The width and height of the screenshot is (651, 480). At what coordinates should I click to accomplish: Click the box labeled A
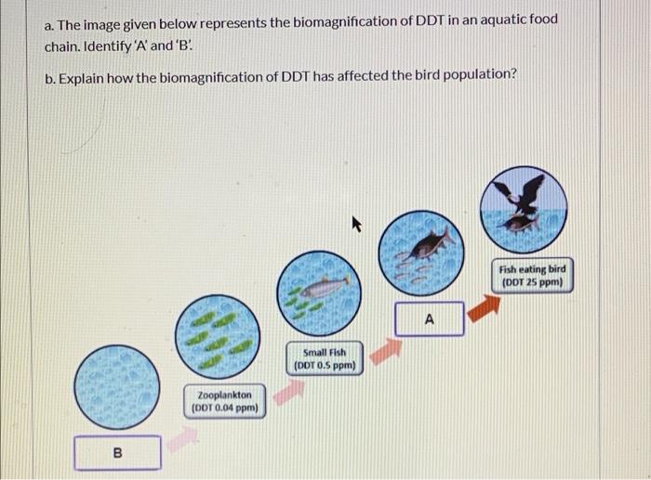click(x=429, y=319)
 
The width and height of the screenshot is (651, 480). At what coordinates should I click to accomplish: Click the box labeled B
click(x=117, y=453)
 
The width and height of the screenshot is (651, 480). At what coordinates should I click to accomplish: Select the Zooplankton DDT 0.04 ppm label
click(x=224, y=401)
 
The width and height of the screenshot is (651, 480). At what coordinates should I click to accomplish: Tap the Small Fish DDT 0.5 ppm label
click(x=325, y=360)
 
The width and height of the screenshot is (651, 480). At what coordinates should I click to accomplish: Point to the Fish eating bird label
click(x=531, y=276)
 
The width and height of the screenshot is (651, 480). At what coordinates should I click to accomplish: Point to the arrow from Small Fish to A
click(x=386, y=349)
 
